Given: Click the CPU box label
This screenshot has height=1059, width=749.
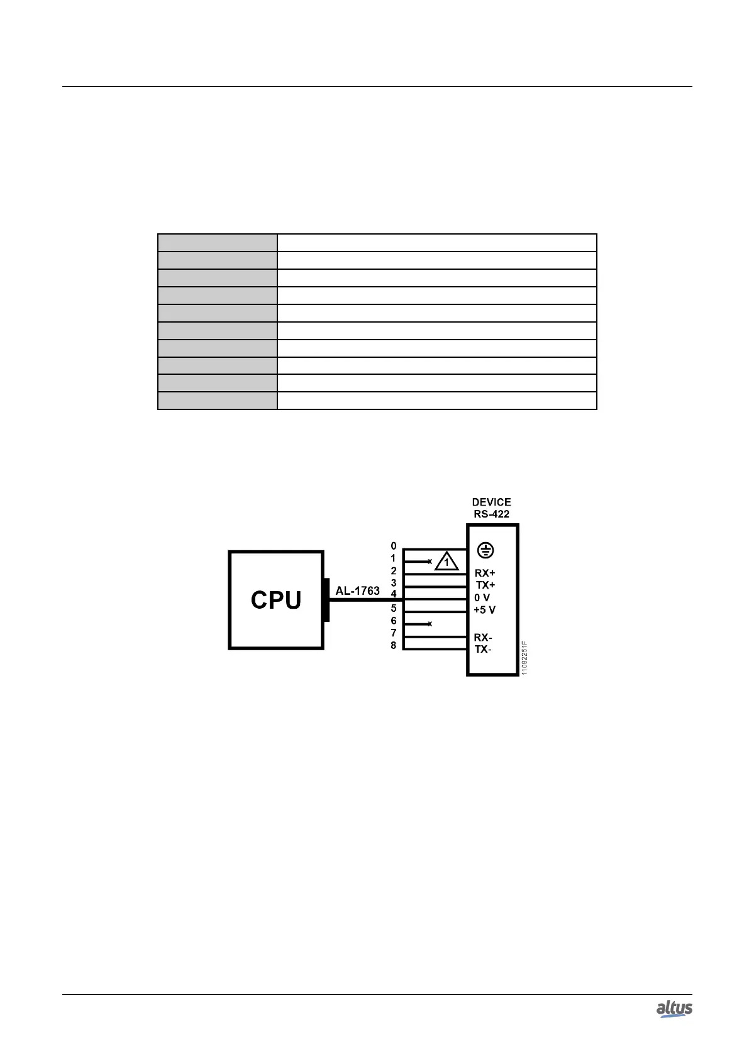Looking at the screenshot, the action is click(275, 600).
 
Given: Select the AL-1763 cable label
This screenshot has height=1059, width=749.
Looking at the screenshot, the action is click(357, 591).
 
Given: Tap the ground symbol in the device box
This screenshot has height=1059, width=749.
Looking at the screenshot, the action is click(485, 551).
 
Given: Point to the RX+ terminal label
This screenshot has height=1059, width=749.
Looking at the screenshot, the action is click(485, 574).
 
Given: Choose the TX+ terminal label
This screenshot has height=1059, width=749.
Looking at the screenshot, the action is click(485, 585).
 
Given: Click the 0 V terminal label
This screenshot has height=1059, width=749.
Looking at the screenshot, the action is click(482, 597).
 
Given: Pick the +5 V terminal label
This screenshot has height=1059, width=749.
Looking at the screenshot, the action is click(484, 610).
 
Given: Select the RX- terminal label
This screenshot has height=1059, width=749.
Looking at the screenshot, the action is click(483, 638).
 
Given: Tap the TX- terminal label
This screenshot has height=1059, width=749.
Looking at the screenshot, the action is click(483, 649).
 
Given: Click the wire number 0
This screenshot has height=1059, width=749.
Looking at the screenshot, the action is click(394, 546).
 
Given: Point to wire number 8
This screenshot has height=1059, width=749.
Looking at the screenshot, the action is click(394, 645).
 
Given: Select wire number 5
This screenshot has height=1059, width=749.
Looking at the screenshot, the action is click(394, 608).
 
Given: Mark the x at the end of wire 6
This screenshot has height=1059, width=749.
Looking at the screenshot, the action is click(430, 624).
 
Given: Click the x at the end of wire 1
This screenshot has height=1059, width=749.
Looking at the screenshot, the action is click(430, 561).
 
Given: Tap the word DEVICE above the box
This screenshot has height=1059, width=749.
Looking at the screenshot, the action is click(491, 502).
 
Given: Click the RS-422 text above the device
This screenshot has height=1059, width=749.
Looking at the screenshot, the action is click(491, 514).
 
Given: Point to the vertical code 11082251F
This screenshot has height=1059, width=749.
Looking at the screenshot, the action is click(524, 658).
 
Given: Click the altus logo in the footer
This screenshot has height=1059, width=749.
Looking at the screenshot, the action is click(674, 1009).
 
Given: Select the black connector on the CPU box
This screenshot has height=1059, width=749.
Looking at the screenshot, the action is click(326, 600).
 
